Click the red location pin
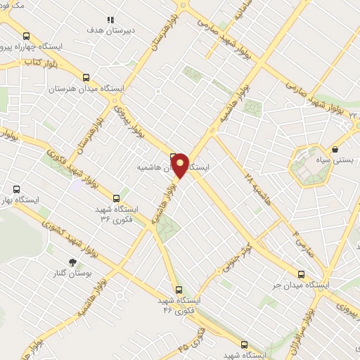pos(180,165)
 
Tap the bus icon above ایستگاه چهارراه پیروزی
pos(27,36)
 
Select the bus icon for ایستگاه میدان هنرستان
pos(86,78)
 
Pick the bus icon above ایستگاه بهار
pos(17,189)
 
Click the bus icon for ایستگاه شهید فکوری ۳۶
pos(117,198)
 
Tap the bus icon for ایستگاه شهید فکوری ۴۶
pos(178,289)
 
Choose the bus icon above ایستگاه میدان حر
pos(301,275)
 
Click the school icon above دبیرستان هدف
pos(110,20)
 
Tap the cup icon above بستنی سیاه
pos(335,150)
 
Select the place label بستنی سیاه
pos(335,160)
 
